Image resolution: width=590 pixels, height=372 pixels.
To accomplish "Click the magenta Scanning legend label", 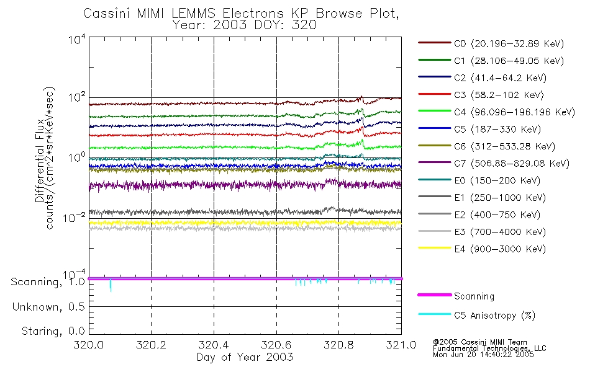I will click(474, 296).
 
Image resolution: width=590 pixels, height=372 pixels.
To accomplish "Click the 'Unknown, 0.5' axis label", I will click(47, 307).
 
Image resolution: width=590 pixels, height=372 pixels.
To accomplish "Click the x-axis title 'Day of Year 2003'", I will click(245, 357).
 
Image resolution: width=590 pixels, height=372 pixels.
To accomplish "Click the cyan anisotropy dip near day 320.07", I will click(111, 286).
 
